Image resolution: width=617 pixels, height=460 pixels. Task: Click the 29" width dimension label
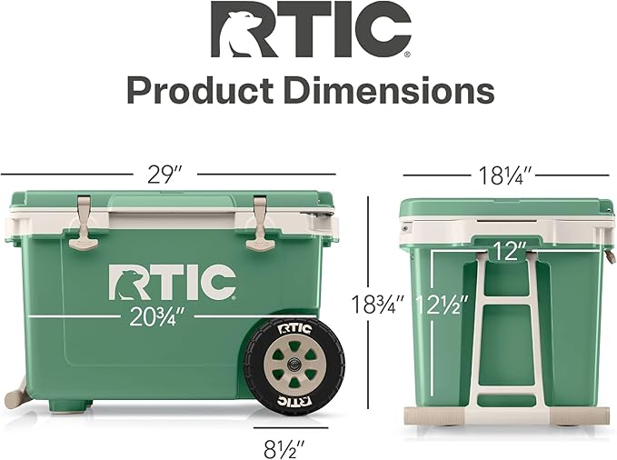(164, 175)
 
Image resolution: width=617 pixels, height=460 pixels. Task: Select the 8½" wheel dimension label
(284, 448)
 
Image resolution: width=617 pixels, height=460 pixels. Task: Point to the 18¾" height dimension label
(377, 305)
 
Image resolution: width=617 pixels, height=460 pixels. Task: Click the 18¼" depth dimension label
(505, 175)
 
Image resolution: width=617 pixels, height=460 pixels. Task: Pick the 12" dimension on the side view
(509, 252)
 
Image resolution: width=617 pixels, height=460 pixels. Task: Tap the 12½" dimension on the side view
(442, 305)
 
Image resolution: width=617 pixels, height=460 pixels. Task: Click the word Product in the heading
(200, 91)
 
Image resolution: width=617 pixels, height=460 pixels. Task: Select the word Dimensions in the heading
(389, 91)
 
